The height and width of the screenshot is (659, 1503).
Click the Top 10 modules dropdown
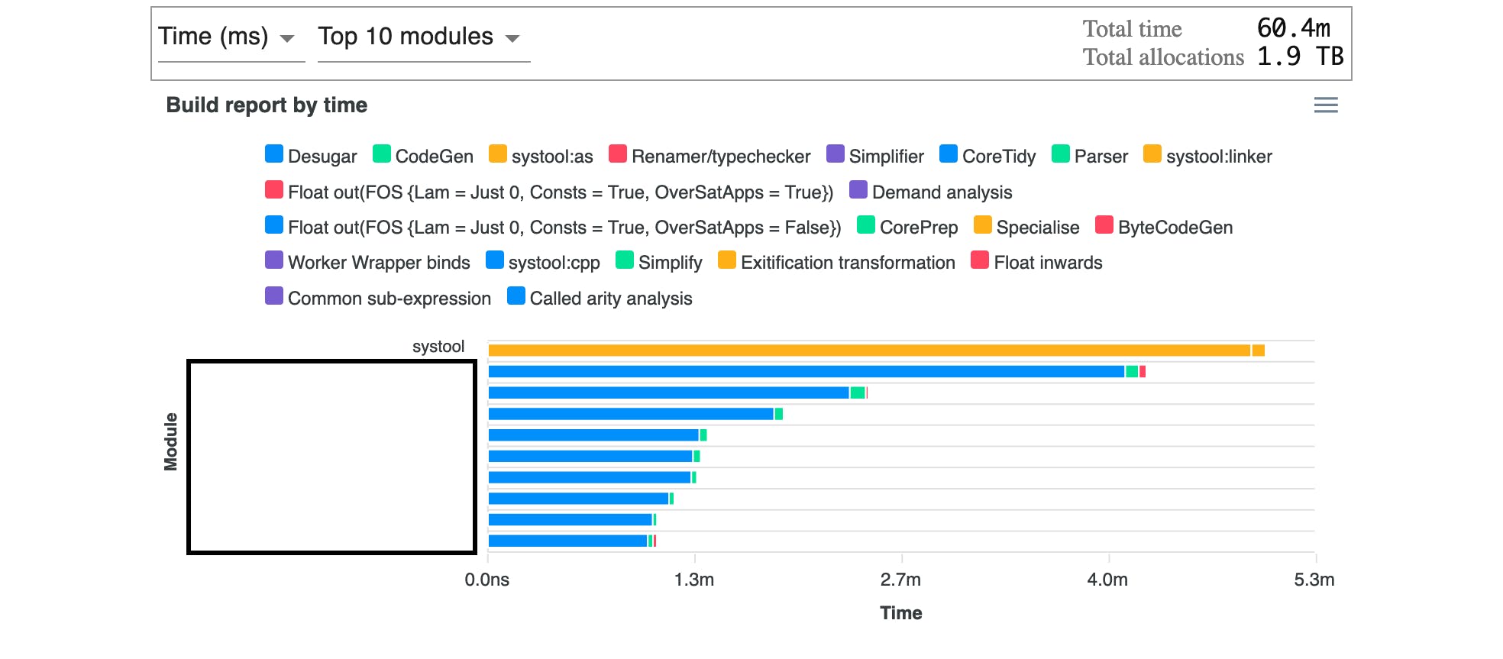[x=419, y=37]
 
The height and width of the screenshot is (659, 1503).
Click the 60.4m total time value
[x=1293, y=28]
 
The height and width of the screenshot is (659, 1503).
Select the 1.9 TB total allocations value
[x=1300, y=57]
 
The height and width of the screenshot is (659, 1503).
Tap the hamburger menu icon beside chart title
[x=1326, y=105]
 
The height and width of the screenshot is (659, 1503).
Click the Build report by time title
[x=267, y=105]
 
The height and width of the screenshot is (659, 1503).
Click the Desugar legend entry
[x=312, y=157]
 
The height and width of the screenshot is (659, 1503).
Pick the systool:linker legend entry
[x=1208, y=157]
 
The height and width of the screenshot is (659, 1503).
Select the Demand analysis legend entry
[x=932, y=192]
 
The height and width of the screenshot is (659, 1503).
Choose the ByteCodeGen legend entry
[x=1165, y=228]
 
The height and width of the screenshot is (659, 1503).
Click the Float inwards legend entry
[x=1037, y=263]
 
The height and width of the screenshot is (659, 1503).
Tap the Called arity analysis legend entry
[x=600, y=299]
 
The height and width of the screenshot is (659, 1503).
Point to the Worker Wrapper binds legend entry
[x=368, y=263]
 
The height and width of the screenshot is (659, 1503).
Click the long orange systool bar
[x=869, y=350]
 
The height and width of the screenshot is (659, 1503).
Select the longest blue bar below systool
[x=806, y=372]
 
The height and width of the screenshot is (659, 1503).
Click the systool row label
[x=438, y=347]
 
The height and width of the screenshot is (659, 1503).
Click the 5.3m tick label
[x=1314, y=580]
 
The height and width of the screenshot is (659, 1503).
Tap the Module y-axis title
[x=170, y=442]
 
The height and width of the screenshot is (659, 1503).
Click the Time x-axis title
[x=901, y=613]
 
